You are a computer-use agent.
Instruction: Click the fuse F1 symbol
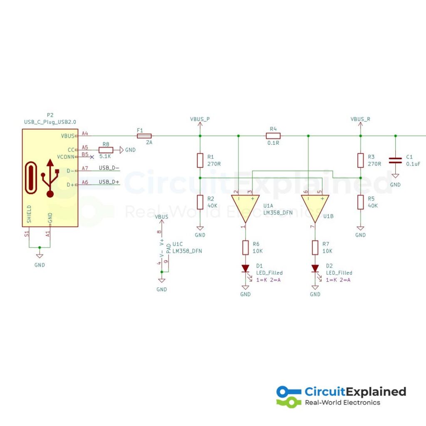(144, 136)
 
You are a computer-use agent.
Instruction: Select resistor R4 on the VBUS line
(273, 136)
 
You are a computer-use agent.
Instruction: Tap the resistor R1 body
(200, 160)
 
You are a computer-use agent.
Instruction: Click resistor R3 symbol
(361, 160)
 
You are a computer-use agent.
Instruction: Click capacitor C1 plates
(395, 160)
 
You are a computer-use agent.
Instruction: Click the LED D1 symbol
(245, 268)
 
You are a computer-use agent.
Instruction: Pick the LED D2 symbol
(315, 268)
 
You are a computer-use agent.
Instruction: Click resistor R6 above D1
(245, 248)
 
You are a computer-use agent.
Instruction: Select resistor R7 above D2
(315, 248)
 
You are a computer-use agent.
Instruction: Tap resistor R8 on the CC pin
(106, 149)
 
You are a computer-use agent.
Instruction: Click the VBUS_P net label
(200, 119)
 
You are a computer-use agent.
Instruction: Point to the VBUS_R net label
(360, 119)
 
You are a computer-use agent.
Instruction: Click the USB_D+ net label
(109, 182)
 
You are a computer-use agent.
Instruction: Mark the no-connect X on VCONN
(92, 156)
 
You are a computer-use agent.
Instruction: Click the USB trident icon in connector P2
(50, 177)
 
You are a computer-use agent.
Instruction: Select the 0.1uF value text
(413, 164)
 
